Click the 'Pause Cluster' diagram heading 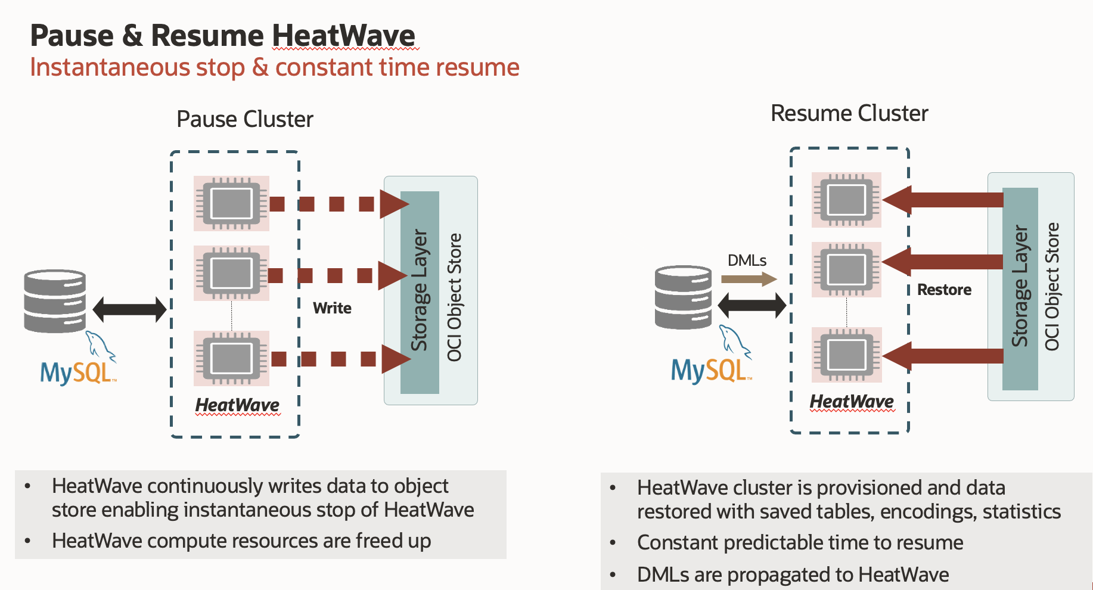pyautogui.click(x=244, y=119)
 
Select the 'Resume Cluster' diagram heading pyautogui.click(x=849, y=113)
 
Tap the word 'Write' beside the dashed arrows pyautogui.click(x=332, y=308)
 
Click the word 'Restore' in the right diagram pyautogui.click(x=944, y=290)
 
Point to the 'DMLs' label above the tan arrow pyautogui.click(x=747, y=260)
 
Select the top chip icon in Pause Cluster pyautogui.click(x=231, y=203)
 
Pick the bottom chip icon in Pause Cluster pyautogui.click(x=231, y=358)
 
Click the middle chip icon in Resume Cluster pyautogui.click(x=846, y=269)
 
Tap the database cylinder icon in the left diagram pyautogui.click(x=55, y=301)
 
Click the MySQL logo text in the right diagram pyautogui.click(x=709, y=371)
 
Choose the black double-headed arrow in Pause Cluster pyautogui.click(x=129, y=309)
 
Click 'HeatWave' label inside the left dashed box pyautogui.click(x=237, y=405)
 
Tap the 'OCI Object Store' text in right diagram pyautogui.click(x=1052, y=287)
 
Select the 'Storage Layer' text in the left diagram pyautogui.click(x=420, y=290)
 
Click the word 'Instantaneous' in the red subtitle pyautogui.click(x=109, y=67)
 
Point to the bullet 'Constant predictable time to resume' pyautogui.click(x=800, y=543)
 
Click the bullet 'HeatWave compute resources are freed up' pyautogui.click(x=241, y=541)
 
